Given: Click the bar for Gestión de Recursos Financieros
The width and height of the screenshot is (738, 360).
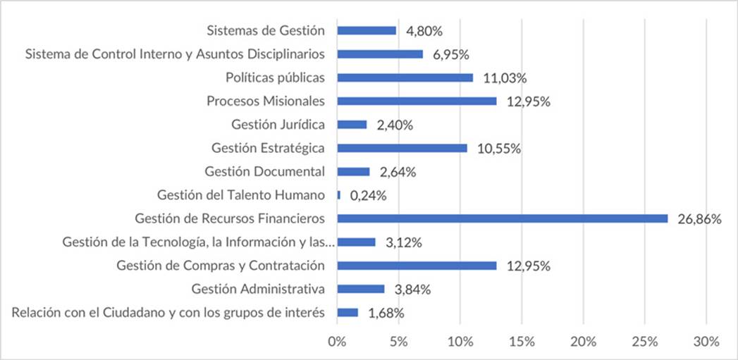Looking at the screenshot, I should pos(502,218).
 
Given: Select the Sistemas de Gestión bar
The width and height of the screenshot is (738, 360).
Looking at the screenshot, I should pos(367,30).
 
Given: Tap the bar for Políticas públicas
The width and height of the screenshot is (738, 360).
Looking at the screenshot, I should pos(405,77).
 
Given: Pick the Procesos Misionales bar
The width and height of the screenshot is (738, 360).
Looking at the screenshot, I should pos(417,101).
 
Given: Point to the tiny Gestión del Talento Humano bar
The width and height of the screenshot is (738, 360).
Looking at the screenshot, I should pos(339,195).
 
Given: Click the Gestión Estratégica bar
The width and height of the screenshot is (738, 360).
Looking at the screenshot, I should pos(402,148).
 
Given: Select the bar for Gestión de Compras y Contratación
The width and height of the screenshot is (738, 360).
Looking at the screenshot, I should pos(417,266).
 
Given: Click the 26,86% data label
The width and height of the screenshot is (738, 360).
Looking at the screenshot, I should pos(699,219).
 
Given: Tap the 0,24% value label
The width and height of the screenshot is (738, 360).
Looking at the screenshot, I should pos(368,196).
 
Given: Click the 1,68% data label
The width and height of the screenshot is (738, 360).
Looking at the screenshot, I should pos(386,313).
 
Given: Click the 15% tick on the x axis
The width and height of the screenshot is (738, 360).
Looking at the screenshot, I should pos(522,342).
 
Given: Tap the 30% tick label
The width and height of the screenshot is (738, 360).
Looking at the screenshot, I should pos(706,342).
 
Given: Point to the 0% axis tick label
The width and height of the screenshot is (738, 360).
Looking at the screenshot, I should pos(338,342).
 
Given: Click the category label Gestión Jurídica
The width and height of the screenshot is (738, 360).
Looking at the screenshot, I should pos(278,125).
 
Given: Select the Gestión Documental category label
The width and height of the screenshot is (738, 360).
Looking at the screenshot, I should pos(264,171).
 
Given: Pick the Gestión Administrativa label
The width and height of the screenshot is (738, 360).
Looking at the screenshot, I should pos(258,289).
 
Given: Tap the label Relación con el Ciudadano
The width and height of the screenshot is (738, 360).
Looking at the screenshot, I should pos(168,312).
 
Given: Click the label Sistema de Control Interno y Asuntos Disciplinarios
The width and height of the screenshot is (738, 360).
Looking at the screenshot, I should pos(175,54).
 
